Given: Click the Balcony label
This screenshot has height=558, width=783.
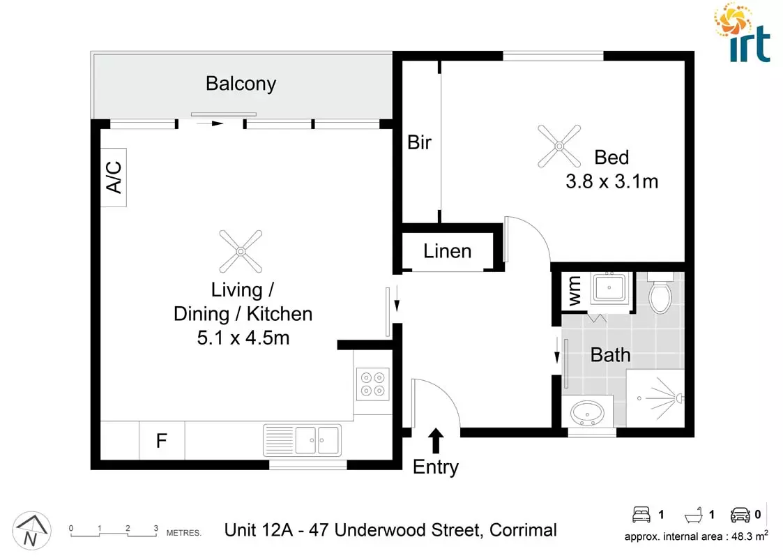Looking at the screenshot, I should pos(241,84).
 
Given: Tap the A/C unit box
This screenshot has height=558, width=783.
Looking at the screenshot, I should pos(114,177).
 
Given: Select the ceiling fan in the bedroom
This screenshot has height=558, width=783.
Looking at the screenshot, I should pos(559,146).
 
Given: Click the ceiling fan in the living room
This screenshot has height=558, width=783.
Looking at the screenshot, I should pos(241,252).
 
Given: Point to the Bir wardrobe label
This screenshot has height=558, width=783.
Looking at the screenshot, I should pos(419,143).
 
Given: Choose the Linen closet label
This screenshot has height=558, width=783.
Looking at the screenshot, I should pos(447,251).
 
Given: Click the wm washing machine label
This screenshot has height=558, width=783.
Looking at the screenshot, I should pos(575,292).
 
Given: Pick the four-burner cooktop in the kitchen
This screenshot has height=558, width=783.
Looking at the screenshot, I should pos(372,384).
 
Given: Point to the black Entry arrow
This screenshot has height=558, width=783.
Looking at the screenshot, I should pos(436,441).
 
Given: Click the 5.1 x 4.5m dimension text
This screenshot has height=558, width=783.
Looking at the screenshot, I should pos(242,339).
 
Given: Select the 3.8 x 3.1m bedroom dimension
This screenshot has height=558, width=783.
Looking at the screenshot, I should pos(611,182).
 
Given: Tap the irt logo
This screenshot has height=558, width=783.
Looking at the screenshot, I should pos(743,33).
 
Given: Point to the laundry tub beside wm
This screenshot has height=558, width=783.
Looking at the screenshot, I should pos(611,288).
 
